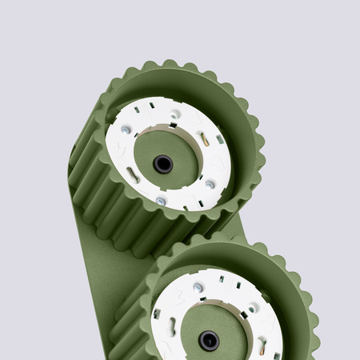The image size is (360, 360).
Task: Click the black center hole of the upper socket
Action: click(163, 164)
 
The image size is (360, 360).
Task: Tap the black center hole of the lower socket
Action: click(210, 339)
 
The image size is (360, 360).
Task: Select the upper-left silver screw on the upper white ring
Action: click(126, 129)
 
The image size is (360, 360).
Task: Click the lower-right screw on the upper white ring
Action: click(210, 183)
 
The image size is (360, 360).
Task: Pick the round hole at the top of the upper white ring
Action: click(175, 114)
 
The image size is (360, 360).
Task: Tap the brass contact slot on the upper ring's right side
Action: click(205, 139)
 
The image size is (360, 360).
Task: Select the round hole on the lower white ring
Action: click(252, 308)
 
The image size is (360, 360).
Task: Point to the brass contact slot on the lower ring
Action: click(262, 346)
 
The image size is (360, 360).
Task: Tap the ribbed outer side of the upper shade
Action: click(104, 200)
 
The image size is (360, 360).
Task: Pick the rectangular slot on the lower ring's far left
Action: click(157, 313)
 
